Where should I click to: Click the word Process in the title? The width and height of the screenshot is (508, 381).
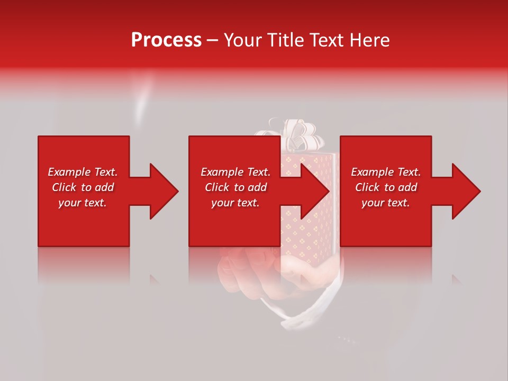click(166, 40)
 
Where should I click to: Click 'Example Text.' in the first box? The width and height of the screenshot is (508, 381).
click(83, 172)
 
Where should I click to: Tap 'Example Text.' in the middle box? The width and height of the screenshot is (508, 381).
click(235, 172)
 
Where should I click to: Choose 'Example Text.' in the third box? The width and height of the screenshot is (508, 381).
click(386, 172)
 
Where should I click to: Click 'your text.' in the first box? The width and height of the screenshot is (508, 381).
click(83, 203)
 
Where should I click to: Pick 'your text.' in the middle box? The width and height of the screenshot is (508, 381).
click(235, 203)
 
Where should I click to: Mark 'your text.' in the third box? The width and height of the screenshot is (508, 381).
click(386, 203)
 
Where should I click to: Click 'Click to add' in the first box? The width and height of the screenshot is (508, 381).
click(83, 187)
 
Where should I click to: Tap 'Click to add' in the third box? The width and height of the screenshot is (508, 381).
click(386, 187)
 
